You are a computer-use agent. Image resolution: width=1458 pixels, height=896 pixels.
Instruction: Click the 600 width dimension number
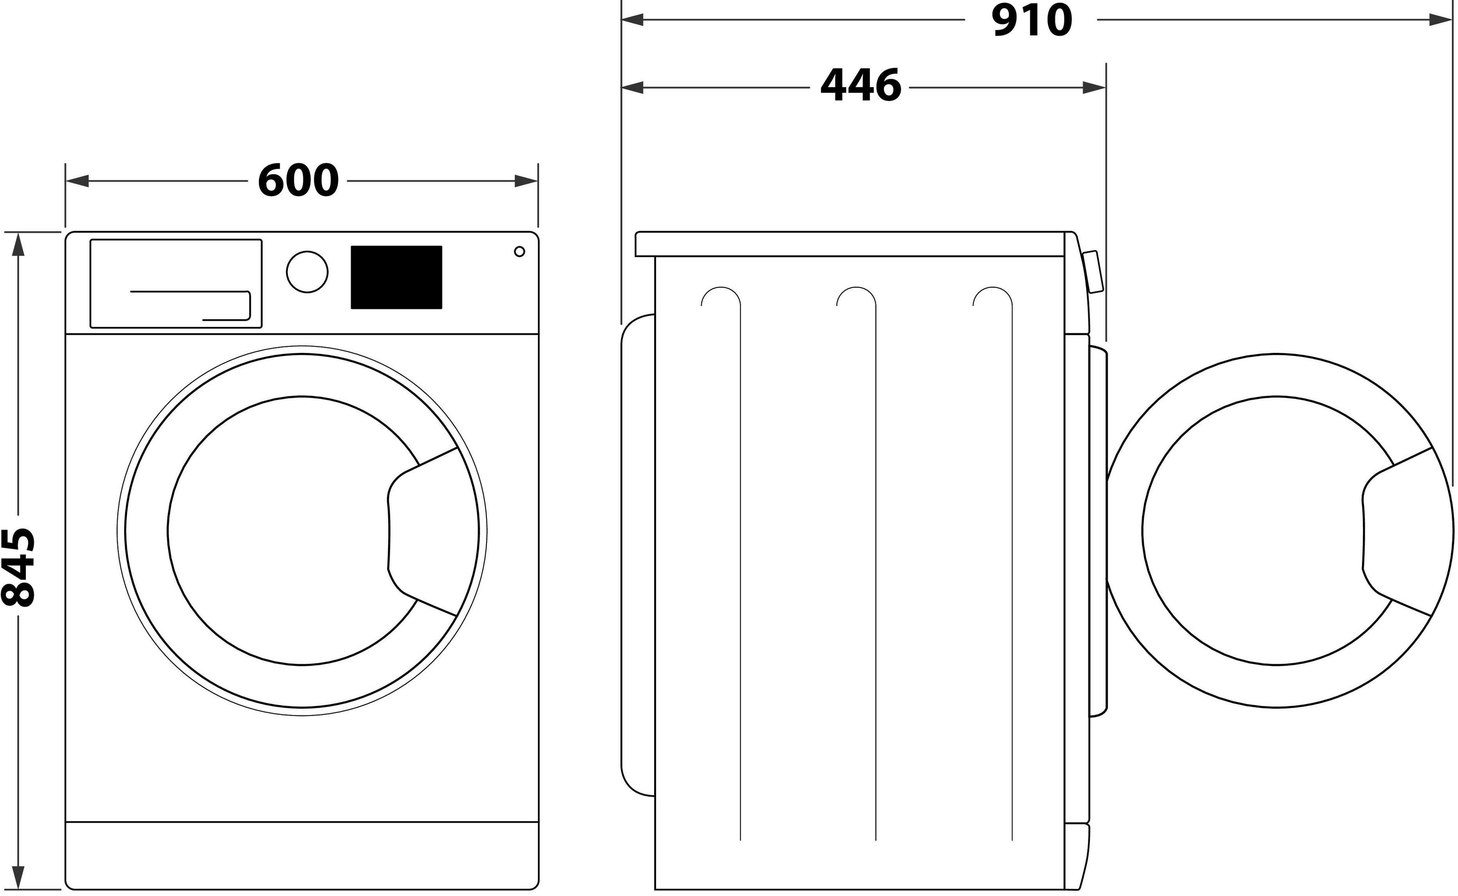[298, 181]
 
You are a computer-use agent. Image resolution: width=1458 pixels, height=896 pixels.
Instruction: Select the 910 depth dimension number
[1031, 21]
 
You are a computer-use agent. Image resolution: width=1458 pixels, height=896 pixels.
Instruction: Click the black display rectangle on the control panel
[396, 277]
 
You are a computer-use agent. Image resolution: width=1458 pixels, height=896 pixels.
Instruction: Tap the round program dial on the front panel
[307, 272]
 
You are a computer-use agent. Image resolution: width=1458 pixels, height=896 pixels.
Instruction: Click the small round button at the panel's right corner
[519, 252]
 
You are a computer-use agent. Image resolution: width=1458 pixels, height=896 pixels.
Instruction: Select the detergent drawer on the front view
[175, 283]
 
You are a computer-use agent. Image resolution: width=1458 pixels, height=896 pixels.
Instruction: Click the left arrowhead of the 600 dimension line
[77, 181]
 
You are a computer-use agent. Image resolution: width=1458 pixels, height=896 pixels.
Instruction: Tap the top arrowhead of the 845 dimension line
[18, 244]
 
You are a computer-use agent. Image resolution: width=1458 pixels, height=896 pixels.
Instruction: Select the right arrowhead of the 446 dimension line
[1094, 88]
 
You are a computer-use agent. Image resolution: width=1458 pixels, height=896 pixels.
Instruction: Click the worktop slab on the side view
[850, 244]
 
